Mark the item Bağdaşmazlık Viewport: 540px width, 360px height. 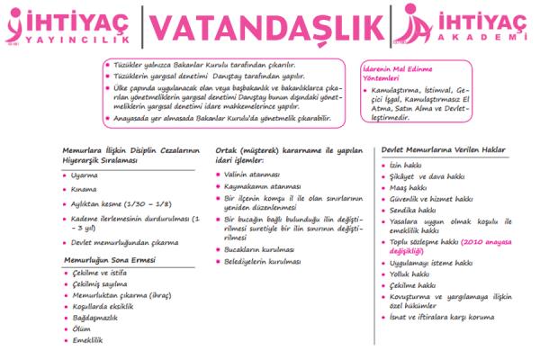coord(94,317)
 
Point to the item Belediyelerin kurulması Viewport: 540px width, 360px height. coord(265,261)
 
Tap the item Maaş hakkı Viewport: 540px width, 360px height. coord(410,187)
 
